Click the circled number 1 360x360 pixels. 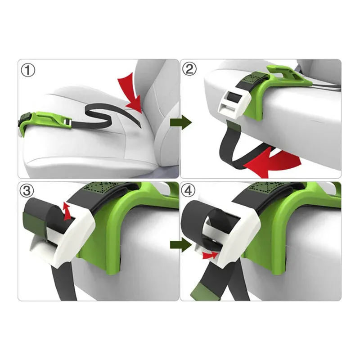28,70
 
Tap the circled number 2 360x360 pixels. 189,69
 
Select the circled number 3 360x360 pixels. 27,190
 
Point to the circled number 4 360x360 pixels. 188,190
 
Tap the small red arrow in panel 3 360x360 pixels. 67,211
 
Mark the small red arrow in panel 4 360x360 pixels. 210,255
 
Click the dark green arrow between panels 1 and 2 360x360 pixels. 181,122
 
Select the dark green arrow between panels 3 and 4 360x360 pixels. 181,245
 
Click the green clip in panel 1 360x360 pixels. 44,121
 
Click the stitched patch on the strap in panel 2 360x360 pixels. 256,77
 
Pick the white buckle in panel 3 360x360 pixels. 69,237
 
